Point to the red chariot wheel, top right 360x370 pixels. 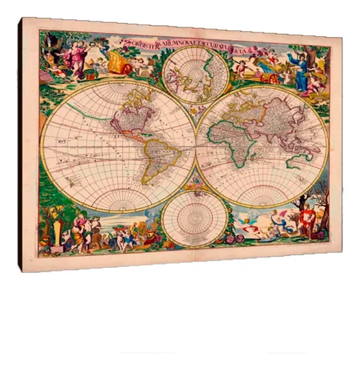tap(274, 77)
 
